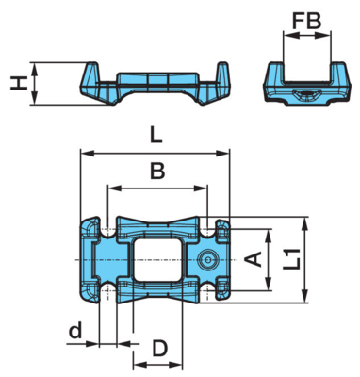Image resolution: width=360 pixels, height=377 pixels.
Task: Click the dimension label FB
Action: (x=307, y=21)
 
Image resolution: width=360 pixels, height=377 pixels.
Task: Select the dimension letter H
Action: (x=17, y=84)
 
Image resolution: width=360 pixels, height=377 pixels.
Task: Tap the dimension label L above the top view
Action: (x=155, y=136)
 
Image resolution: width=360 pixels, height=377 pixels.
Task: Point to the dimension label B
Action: (x=157, y=171)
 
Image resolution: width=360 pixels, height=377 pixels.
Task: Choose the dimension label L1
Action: (x=291, y=258)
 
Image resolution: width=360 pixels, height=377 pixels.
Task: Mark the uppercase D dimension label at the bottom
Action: (x=160, y=349)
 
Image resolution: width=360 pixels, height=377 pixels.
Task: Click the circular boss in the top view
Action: (x=208, y=260)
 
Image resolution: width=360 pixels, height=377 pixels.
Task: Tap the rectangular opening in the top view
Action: (x=158, y=259)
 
